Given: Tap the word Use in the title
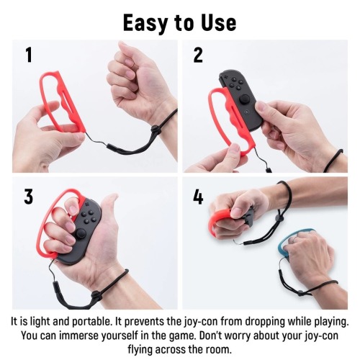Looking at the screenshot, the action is pyautogui.click(x=218, y=22).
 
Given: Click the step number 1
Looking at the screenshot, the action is pyautogui.click(x=29, y=55).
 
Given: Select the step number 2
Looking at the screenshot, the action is pyautogui.click(x=198, y=55).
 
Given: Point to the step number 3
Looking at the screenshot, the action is pyautogui.click(x=29, y=197).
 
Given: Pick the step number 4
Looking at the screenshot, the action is pyautogui.click(x=198, y=197).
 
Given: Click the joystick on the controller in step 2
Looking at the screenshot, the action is pyautogui.click(x=245, y=99).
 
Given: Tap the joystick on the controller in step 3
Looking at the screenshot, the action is pyautogui.click(x=81, y=233).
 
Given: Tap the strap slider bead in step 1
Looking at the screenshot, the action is pyautogui.click(x=155, y=129).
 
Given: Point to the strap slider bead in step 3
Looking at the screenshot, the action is pyautogui.click(x=96, y=294).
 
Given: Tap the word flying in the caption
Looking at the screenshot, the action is pyautogui.click(x=140, y=350).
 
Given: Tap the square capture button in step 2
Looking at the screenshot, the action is pyautogui.click(x=246, y=112).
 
